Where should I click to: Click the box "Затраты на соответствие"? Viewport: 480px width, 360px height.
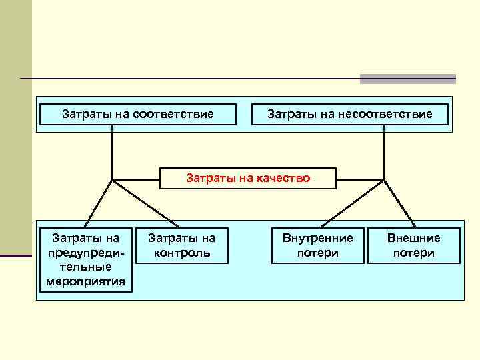(x=138, y=115)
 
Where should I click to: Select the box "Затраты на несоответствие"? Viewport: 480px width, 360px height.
(x=349, y=115)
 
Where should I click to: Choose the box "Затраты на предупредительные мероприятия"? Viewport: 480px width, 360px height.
(x=85, y=259)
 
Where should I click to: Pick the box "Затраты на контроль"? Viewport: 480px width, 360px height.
(x=181, y=245)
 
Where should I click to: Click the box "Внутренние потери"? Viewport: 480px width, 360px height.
(x=318, y=245)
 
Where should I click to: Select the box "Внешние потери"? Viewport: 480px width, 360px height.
(x=414, y=245)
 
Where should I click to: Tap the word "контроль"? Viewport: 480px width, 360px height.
(x=181, y=253)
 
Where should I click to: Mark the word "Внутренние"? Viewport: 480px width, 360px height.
(x=318, y=237)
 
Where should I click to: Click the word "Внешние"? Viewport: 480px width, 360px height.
(x=414, y=237)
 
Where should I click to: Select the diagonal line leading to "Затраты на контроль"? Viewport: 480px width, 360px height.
(x=146, y=203)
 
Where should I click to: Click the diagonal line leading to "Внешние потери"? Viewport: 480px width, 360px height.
(x=399, y=203)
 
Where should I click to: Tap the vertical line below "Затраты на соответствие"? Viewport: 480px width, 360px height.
(x=112, y=153)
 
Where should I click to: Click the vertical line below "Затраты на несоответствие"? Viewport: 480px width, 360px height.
(x=384, y=153)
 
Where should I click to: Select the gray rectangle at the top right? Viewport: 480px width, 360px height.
(x=407, y=79)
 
